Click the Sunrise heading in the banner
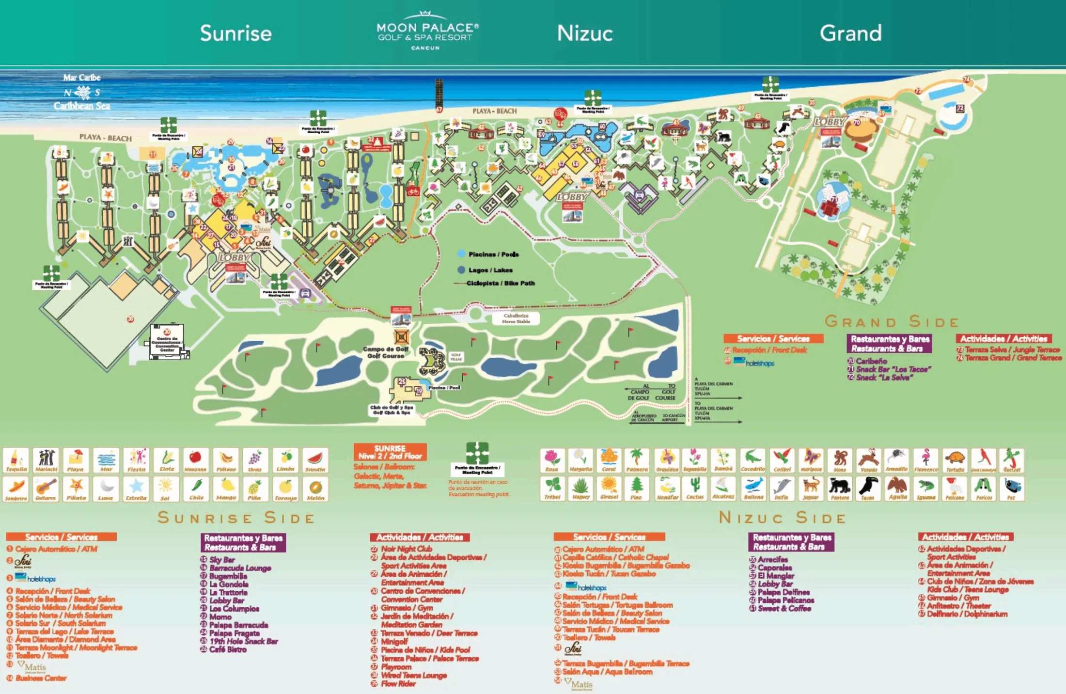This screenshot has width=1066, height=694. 236,33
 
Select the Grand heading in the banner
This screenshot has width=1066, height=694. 850,33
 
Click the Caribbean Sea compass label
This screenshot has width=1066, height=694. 82,92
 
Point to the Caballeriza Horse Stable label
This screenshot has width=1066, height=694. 516,318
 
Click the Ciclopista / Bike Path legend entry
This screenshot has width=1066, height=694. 500,284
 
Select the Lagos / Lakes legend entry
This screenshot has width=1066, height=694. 490,270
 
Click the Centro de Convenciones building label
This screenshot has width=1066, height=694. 167,344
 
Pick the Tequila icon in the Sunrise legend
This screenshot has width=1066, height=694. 16,460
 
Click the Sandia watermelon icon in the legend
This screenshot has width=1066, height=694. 315,460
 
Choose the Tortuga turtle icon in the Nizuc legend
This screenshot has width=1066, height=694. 955,460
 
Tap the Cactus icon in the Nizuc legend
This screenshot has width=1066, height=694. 694,489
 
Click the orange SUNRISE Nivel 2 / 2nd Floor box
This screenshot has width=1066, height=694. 390,452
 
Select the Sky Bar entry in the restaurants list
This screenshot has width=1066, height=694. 222,560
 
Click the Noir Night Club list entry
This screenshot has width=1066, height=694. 406,549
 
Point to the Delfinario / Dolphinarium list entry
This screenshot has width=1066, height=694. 967,614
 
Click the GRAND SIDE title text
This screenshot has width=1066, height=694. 892,322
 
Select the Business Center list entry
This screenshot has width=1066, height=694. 41,678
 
